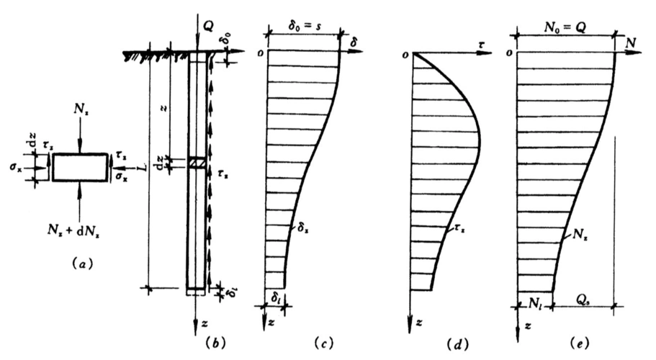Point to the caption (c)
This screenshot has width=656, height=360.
point(319,344)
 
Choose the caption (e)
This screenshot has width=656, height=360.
point(585,344)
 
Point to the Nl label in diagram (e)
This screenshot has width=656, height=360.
point(534,295)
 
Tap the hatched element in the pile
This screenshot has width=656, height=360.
point(197,164)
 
